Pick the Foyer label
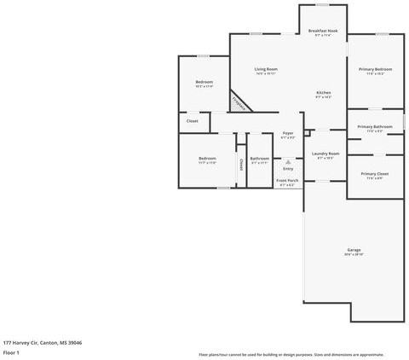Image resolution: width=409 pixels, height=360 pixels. [288, 134]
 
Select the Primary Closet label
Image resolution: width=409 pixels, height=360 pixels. [375, 174]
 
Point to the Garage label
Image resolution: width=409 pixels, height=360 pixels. [354, 250]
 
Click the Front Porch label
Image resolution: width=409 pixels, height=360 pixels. [287, 181]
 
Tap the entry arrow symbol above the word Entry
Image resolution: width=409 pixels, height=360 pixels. [287, 161]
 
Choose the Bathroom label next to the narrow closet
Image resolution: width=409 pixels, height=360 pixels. [260, 159]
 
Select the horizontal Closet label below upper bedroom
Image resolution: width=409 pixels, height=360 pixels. [193, 121]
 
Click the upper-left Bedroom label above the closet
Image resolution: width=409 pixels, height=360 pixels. [204, 83]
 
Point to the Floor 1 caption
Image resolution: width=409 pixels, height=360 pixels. [11, 352]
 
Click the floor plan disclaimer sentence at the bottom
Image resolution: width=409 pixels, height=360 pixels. [291, 354]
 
